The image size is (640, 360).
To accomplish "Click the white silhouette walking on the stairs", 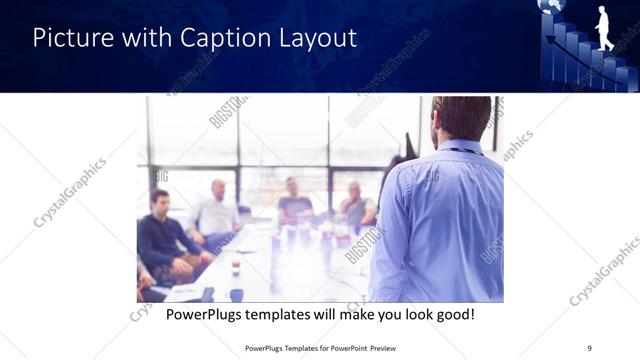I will tap(603, 27).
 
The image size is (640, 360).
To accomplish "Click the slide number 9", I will tap(589, 348).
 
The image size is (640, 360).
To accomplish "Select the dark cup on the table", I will tap(236, 268).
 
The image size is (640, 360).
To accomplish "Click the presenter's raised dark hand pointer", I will tap(408, 148).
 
